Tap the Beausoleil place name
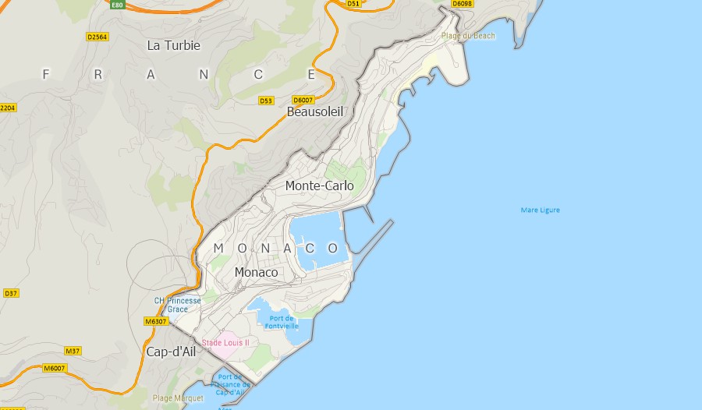[x=315, y=111]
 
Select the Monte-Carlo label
[x=319, y=186]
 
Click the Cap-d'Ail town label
[x=171, y=352]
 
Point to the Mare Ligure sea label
[x=540, y=210]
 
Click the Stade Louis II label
[x=225, y=342]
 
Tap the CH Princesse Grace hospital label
[x=177, y=305]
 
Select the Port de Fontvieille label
[x=281, y=323]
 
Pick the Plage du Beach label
[x=468, y=36]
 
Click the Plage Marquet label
[x=178, y=398]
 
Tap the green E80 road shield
[x=117, y=5]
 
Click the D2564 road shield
[x=97, y=36]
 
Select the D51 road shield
[x=354, y=4]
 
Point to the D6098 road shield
[x=463, y=4]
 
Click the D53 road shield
[x=266, y=100]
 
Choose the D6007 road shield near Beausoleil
[x=303, y=100]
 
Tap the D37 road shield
[x=10, y=293]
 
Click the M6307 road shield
[x=156, y=321]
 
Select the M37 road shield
[x=73, y=350]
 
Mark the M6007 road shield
[x=54, y=368]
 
